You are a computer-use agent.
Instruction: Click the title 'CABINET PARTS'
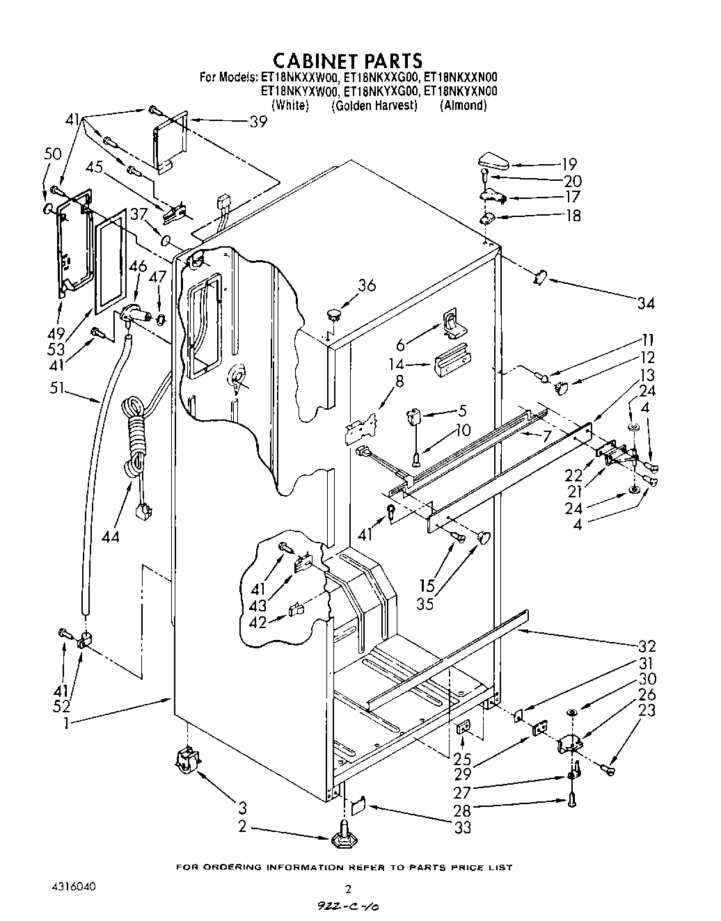pyautogui.click(x=347, y=60)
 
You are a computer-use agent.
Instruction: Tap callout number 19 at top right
pyautogui.click(x=569, y=164)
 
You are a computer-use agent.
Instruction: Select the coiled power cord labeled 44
pyautogui.click(x=135, y=438)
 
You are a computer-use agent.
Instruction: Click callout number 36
pyautogui.click(x=367, y=285)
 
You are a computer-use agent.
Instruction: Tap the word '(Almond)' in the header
pyautogui.click(x=463, y=105)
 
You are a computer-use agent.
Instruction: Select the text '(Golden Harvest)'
pyautogui.click(x=374, y=105)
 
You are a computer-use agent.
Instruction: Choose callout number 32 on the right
pyautogui.click(x=647, y=646)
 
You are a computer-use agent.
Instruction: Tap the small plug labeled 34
pyautogui.click(x=541, y=278)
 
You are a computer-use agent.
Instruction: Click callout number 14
pyautogui.click(x=396, y=363)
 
